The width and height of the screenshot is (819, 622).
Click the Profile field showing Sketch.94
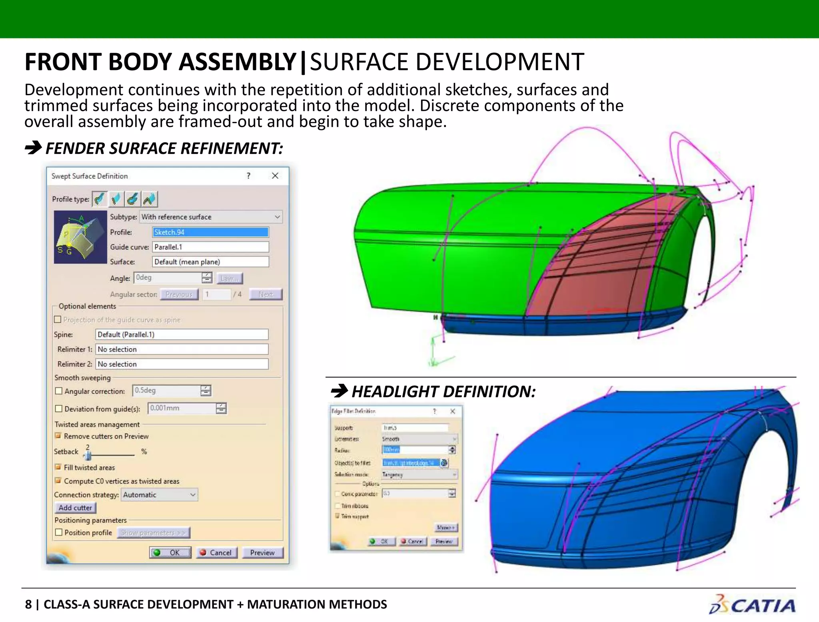(210, 232)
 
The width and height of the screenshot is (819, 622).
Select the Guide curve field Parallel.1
(210, 247)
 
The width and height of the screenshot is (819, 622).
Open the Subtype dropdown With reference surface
(211, 217)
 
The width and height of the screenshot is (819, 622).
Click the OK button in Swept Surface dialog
(170, 552)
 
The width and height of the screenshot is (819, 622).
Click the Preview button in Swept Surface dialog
(262, 552)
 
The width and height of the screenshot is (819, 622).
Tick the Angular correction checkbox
(59, 391)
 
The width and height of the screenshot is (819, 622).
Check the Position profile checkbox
(59, 532)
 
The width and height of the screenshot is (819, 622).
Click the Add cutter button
(75, 508)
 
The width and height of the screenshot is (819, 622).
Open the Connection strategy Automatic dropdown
(159, 495)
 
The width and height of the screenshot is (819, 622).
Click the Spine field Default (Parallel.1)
(182, 335)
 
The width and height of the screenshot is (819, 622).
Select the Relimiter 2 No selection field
(182, 364)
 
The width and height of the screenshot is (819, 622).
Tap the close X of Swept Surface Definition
(275, 176)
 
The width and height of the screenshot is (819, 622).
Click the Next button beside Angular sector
(266, 295)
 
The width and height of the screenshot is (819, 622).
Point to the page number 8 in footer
(28, 604)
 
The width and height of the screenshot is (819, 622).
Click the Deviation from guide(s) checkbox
(59, 409)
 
